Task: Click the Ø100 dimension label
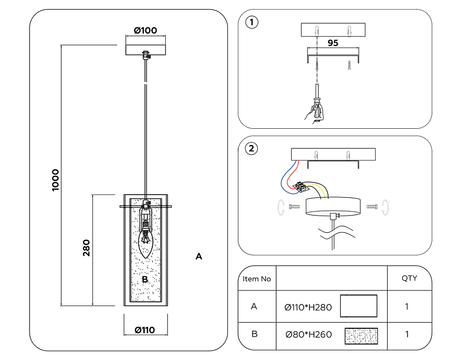(x=145, y=31)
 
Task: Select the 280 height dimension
(x=86, y=247)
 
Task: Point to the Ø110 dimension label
(x=145, y=330)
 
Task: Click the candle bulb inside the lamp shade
(x=145, y=241)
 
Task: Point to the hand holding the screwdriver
(x=315, y=112)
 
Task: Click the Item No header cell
(x=257, y=279)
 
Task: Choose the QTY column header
(x=409, y=279)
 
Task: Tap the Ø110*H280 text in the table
(x=308, y=307)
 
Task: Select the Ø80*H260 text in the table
(x=308, y=335)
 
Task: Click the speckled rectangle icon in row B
(x=361, y=335)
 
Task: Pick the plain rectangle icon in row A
(x=359, y=306)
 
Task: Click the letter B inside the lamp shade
(x=145, y=280)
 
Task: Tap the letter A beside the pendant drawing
(x=199, y=257)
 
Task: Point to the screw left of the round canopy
(x=293, y=206)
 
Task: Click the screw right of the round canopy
(x=371, y=206)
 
